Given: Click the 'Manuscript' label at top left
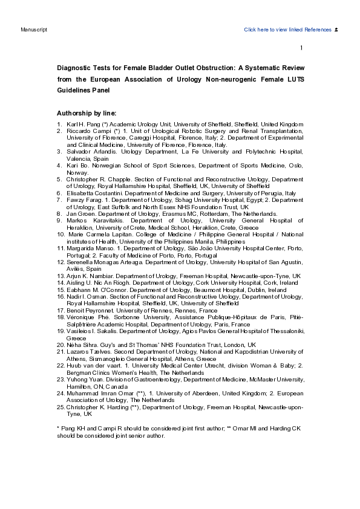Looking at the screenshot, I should click(x=30, y=30).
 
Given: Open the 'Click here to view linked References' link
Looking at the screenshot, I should click(x=287, y=30).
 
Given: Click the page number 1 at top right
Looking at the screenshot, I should click(x=301, y=48).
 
